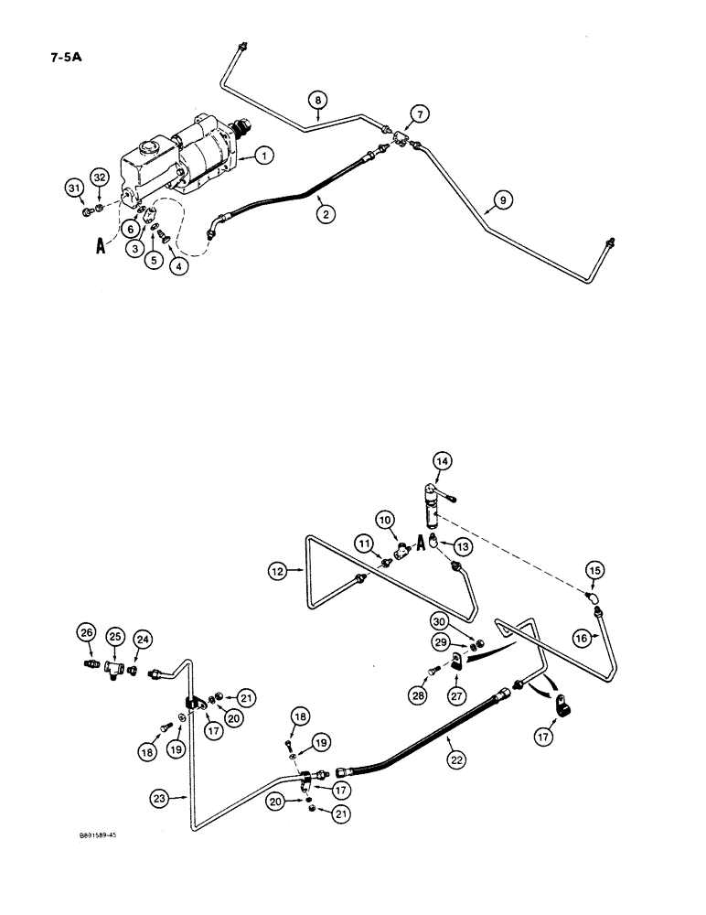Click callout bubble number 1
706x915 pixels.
(263, 156)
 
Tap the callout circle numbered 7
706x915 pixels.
(420, 113)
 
